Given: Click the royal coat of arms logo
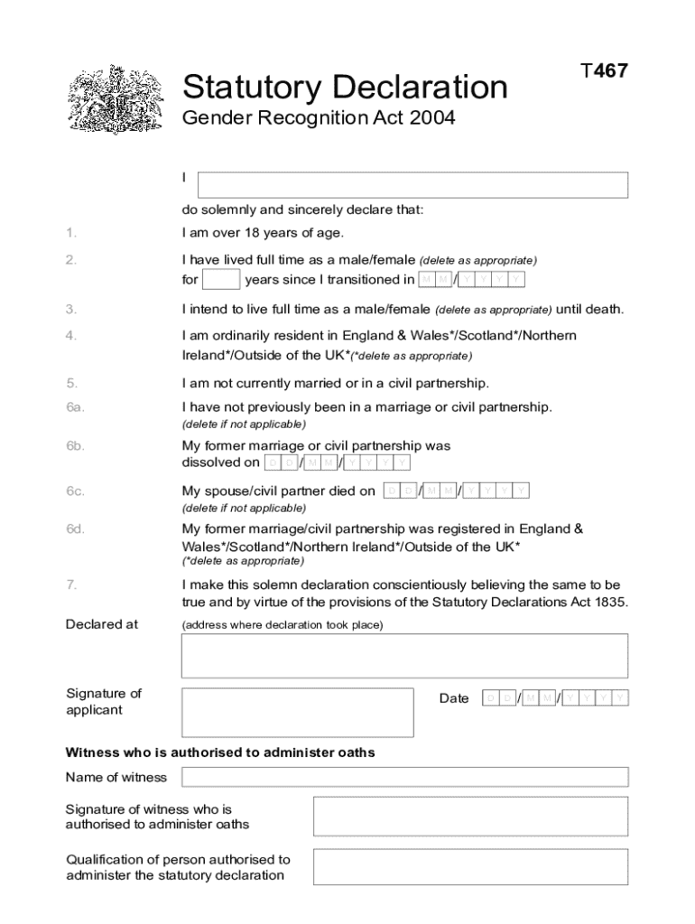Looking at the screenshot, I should tap(116, 99).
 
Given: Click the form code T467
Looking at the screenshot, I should tap(604, 71).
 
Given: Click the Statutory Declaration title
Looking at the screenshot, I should tap(345, 88).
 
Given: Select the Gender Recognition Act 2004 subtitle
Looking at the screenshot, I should tap(318, 118).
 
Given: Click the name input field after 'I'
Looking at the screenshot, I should tap(412, 185).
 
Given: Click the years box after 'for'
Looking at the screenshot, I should tap(221, 279).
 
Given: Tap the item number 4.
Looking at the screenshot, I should tap(70, 336).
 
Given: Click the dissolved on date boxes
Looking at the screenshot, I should tap(338, 463).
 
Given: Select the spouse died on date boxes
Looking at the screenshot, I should tap(456, 491).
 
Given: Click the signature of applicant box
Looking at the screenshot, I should tap(298, 712).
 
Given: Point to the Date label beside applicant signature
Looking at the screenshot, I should tap(454, 698).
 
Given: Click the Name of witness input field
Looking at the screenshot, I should tap(404, 777).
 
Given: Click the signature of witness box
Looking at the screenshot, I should tap(470, 817).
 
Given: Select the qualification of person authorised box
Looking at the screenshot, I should tap(470, 866).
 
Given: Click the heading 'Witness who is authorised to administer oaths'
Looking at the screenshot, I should tap(220, 752).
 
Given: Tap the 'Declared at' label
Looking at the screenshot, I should tap(102, 624).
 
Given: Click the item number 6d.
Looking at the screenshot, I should tap(75, 529).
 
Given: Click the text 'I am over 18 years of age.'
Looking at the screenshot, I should tap(263, 233).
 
